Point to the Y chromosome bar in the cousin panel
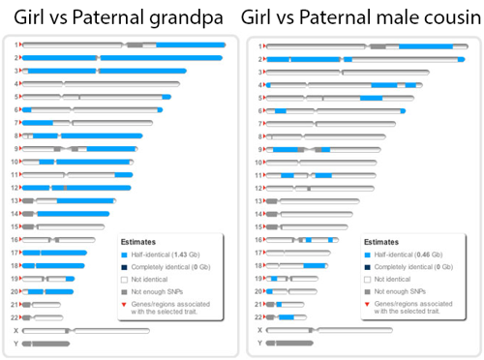click(290, 343)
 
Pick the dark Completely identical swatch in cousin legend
click(368, 266)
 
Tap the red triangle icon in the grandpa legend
click(125, 304)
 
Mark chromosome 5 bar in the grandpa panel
click(97, 97)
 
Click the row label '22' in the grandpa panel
click(15, 317)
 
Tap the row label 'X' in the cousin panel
click(257, 330)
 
